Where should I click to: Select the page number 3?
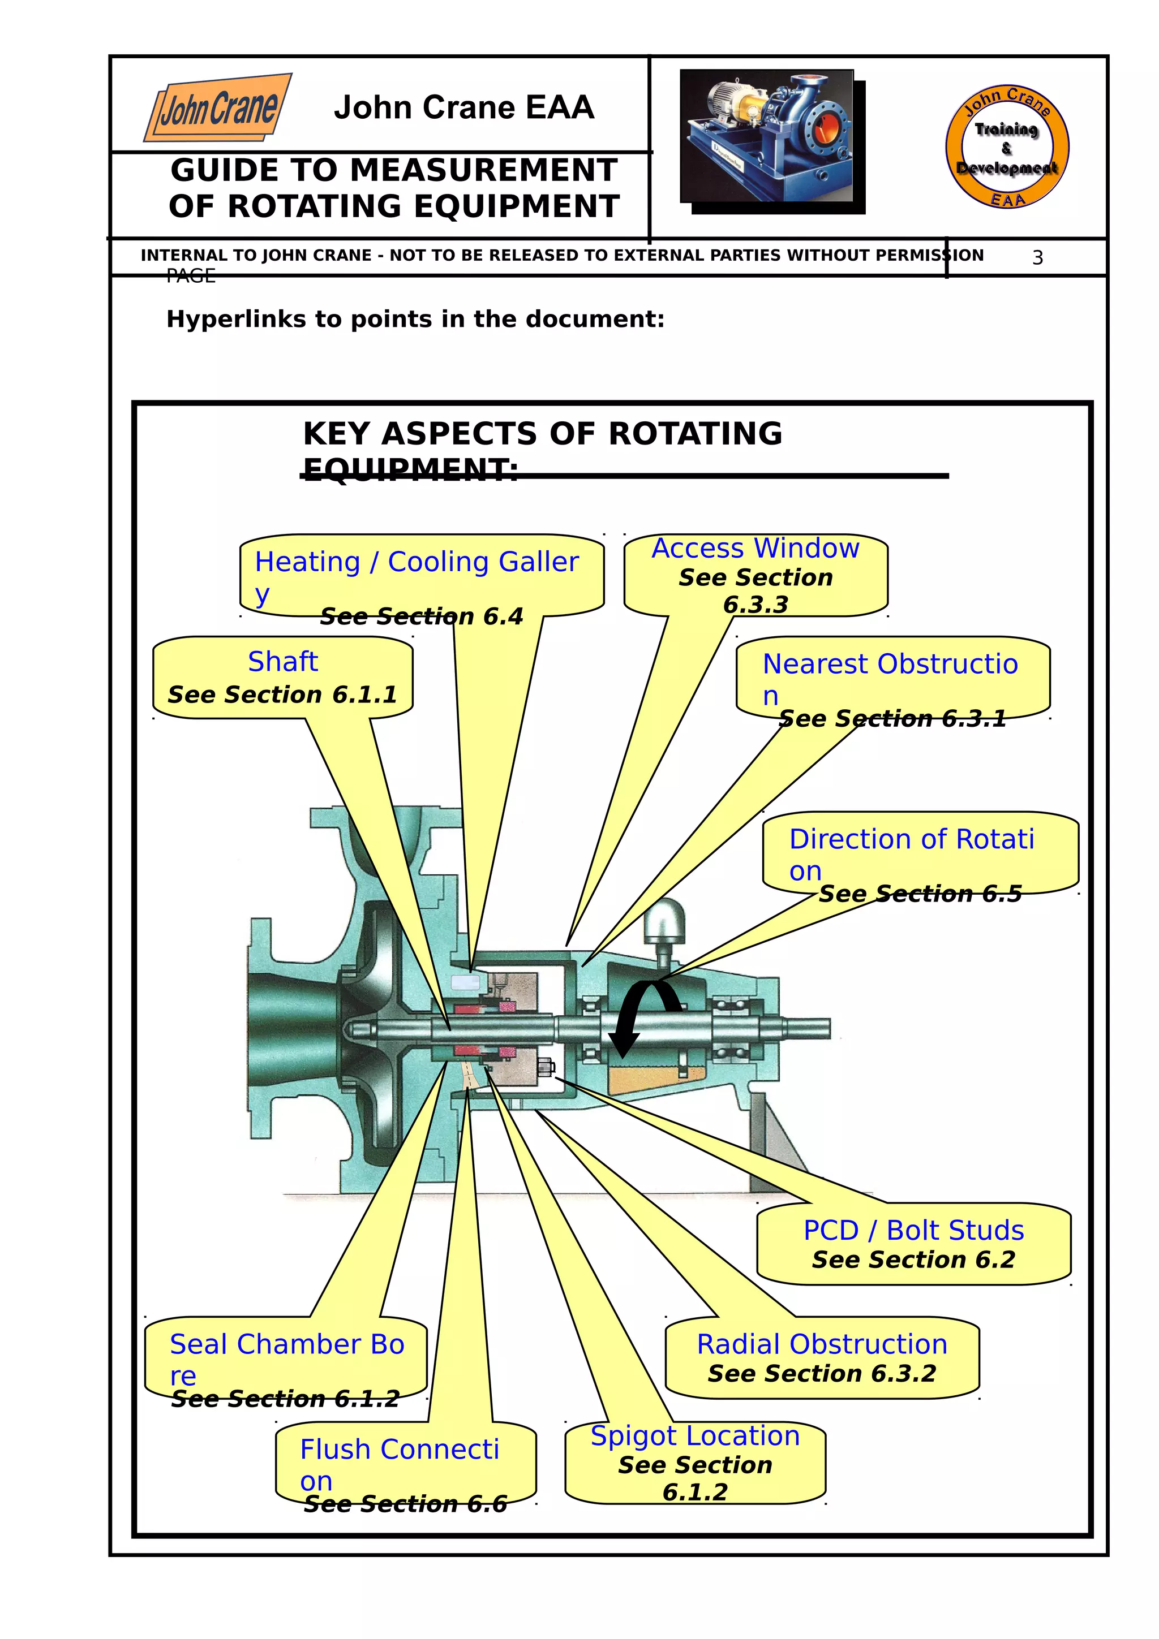[x=1037, y=258]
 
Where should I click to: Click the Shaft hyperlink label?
[x=283, y=662]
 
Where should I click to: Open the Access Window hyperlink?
[x=756, y=548]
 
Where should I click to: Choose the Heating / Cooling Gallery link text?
[x=417, y=563]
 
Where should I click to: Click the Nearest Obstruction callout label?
[x=890, y=665]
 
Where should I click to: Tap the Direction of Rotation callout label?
[x=911, y=839]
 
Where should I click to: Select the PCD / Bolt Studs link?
[x=913, y=1231]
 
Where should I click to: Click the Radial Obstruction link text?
[x=822, y=1344]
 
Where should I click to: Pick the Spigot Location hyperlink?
[x=695, y=1435]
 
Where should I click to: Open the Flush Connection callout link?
[x=399, y=1450]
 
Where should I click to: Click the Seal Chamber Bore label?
[x=287, y=1344]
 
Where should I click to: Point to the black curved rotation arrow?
[x=641, y=1016]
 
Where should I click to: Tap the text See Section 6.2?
[x=913, y=1260]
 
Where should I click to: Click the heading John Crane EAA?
[x=463, y=108]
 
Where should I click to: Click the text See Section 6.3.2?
[x=821, y=1373]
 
